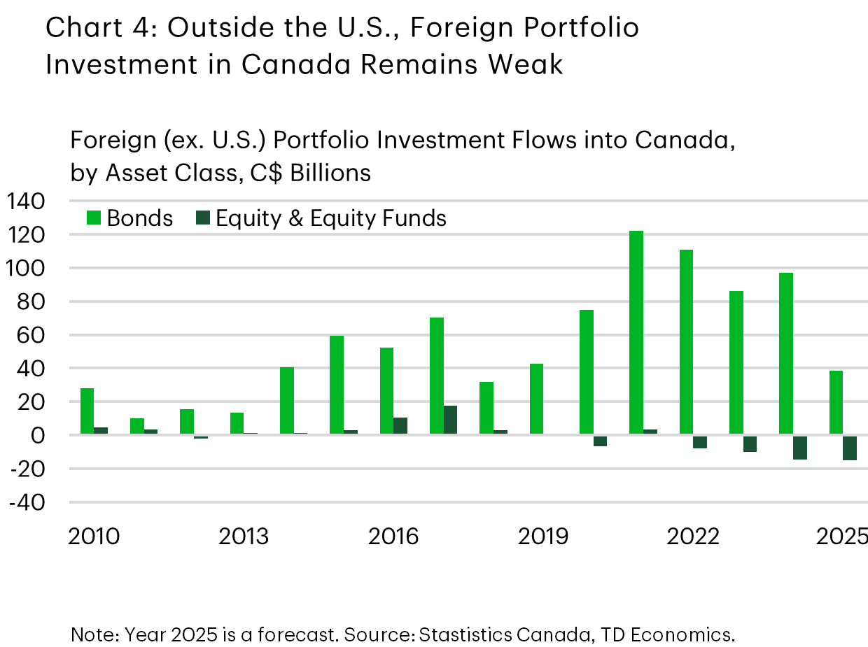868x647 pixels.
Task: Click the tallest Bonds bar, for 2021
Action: click(x=636, y=332)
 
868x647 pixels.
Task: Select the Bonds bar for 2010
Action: click(x=87, y=411)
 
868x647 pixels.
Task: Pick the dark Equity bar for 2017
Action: click(x=450, y=420)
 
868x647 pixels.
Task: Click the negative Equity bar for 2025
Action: click(x=850, y=448)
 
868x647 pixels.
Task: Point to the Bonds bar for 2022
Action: click(x=686, y=342)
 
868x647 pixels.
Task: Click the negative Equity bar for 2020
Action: click(x=600, y=441)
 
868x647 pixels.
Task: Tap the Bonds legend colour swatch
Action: click(x=94, y=218)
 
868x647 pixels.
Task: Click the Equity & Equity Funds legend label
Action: click(x=331, y=218)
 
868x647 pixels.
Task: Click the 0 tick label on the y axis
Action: click(x=36, y=436)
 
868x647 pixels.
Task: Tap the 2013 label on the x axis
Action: click(x=244, y=537)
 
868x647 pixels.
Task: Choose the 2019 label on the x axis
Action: click(x=543, y=537)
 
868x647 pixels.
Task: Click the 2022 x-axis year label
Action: click(x=693, y=537)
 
